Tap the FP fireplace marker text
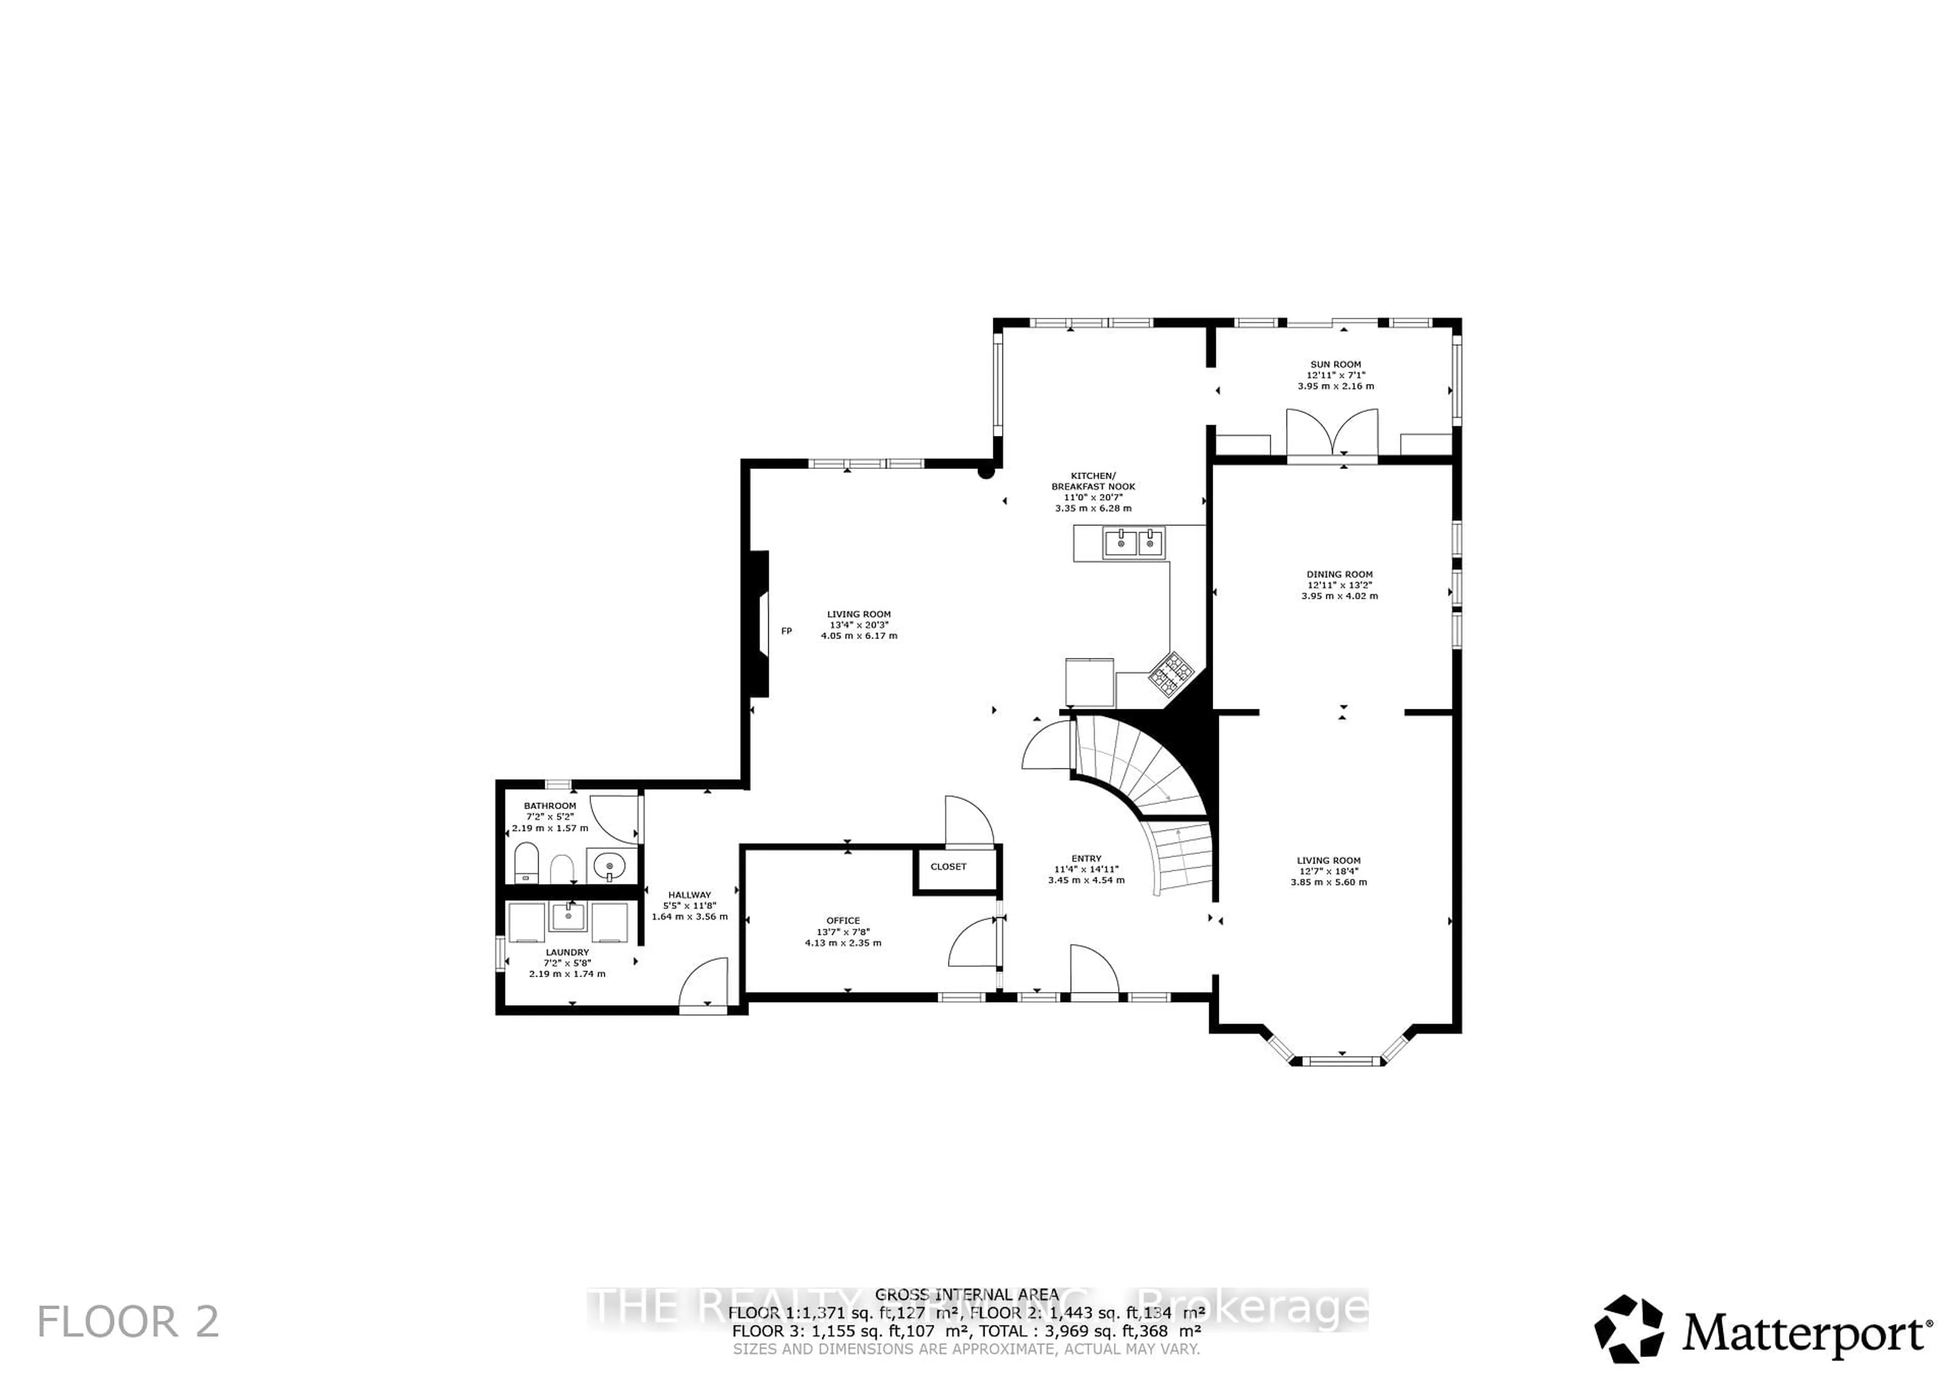[x=786, y=631]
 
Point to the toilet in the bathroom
[x=526, y=863]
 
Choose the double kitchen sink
[x=1133, y=542]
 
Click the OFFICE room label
[x=843, y=921]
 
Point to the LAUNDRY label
[x=567, y=953]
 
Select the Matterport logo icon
[x=1629, y=1330]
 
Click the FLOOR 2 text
[x=128, y=1322]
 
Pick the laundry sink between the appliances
[x=568, y=917]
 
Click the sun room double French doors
[x=1332, y=434]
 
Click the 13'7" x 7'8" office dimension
[x=843, y=932]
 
